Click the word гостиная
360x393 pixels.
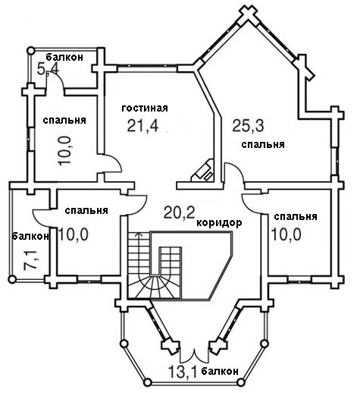(x=145, y=108)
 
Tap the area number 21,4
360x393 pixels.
(x=142, y=126)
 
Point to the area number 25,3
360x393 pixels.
(x=248, y=126)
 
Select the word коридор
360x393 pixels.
(x=219, y=223)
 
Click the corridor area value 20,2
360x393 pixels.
(x=180, y=212)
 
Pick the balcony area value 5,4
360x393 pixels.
(x=48, y=69)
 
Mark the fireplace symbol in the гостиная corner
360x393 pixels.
(x=203, y=170)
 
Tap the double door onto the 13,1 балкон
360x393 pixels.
(x=194, y=356)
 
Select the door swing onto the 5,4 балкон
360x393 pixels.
(x=55, y=80)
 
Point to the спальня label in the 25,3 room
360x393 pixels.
(x=263, y=145)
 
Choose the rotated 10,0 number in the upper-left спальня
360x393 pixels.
(x=65, y=151)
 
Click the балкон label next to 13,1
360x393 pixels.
(x=220, y=371)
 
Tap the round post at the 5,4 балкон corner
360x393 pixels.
(x=30, y=50)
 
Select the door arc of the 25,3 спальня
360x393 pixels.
(x=234, y=172)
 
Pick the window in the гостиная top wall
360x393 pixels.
(x=147, y=66)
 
